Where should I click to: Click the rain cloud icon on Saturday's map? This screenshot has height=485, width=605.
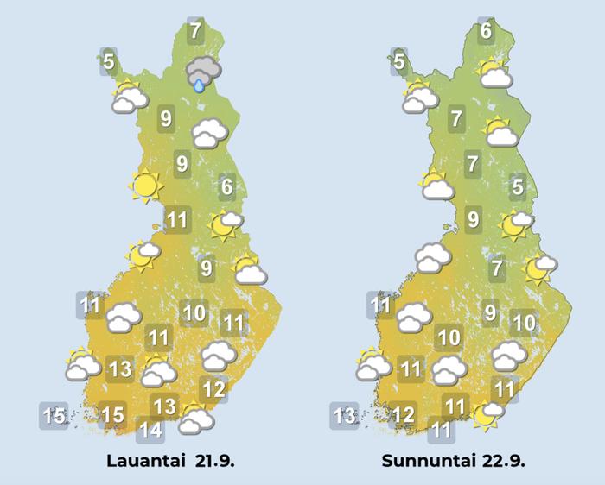[204, 72]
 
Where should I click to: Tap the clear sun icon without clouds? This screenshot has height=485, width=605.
[145, 185]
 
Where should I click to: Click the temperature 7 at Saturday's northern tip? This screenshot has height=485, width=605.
[195, 32]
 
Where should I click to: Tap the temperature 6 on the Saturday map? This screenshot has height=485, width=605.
[226, 186]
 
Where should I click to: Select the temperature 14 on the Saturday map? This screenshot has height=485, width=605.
[150, 428]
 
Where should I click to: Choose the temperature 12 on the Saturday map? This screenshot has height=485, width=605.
[213, 389]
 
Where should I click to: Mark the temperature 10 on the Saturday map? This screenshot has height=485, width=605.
[194, 312]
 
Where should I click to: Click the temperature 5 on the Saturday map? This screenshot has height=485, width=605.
[108, 62]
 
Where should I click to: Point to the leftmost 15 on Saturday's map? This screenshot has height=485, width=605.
[54, 416]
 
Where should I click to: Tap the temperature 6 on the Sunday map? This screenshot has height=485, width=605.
[486, 32]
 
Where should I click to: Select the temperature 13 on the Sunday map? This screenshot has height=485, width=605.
[344, 416]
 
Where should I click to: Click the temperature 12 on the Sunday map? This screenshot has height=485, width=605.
[403, 415]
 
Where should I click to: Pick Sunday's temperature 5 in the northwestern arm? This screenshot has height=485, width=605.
[398, 62]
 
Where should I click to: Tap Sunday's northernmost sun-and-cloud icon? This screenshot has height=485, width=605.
[494, 74]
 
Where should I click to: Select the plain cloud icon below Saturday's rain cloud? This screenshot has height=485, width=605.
[209, 133]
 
